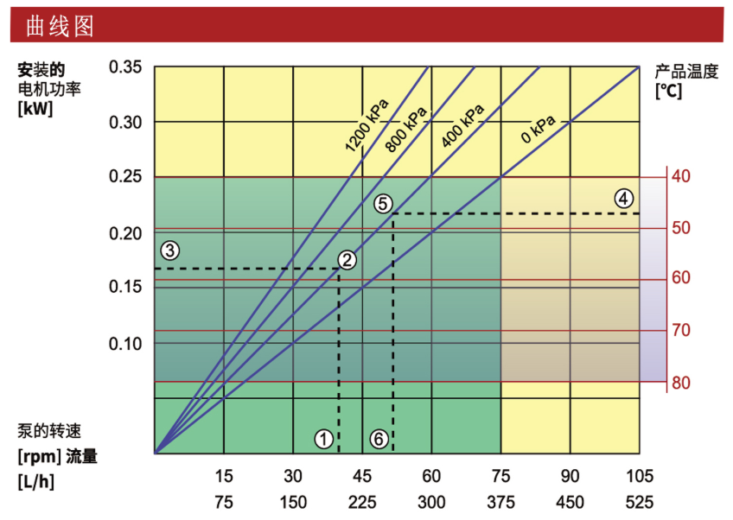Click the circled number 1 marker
323,439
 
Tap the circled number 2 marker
347,260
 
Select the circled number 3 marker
169,250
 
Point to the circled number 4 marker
623,199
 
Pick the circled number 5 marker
383,204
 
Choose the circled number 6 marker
379,439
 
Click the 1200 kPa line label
367,125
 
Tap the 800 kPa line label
406,130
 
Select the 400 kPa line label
462,125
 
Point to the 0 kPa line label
538,129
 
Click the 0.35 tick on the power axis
125,67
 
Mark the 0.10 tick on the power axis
125,344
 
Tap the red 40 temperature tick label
681,176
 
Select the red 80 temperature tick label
681,384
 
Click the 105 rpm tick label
640,476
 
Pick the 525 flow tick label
640,502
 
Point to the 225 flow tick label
362,502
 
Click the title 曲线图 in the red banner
60,26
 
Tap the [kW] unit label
35,109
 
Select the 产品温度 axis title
686,72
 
